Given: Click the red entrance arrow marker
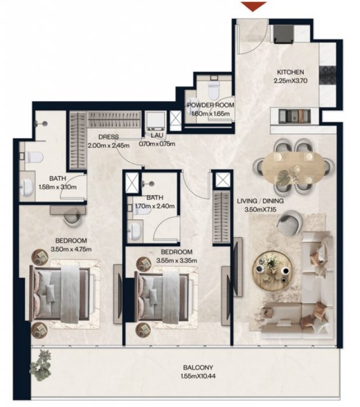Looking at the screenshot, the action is [x=254, y=6].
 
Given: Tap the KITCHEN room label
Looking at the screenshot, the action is [x=291, y=72].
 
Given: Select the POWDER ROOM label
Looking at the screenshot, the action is [x=211, y=105].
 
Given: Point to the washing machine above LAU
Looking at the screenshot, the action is [x=155, y=121].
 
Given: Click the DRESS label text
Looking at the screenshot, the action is [x=109, y=137].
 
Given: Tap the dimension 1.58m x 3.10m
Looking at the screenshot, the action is [x=58, y=187].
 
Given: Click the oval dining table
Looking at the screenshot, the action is [x=293, y=168].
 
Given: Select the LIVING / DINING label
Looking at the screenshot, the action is [x=260, y=201].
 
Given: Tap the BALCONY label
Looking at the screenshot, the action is [x=198, y=368].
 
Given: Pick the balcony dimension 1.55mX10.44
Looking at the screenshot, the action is [x=198, y=376].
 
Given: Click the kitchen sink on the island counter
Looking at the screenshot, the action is [x=294, y=116].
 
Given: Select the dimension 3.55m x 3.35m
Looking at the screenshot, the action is [x=176, y=260].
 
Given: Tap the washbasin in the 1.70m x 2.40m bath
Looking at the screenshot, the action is [x=134, y=229].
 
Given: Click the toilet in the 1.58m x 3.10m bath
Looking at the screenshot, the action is [x=32, y=157].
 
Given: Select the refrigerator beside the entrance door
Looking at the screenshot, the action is [x=284, y=33].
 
